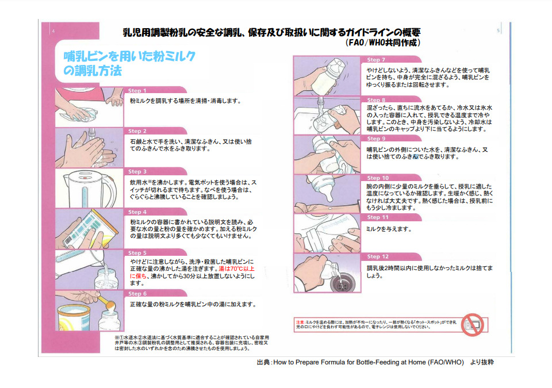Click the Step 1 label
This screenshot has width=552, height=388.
tap(137, 91)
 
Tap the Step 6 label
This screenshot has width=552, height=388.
tap(137, 294)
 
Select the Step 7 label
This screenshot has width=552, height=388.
tap(376, 60)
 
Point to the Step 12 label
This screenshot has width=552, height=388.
tap(378, 256)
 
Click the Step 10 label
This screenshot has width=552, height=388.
tap(378, 178)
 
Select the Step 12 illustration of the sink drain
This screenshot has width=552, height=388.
tap(328, 273)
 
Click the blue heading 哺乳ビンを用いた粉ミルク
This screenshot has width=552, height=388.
tap(129, 56)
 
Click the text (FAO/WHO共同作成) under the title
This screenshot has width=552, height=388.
tap(383, 43)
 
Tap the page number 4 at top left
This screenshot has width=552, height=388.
tap(53, 31)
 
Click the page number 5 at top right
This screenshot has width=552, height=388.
tap(497, 29)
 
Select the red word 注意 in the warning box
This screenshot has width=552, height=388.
tap(300, 322)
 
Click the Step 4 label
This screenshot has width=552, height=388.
tap(137, 212)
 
